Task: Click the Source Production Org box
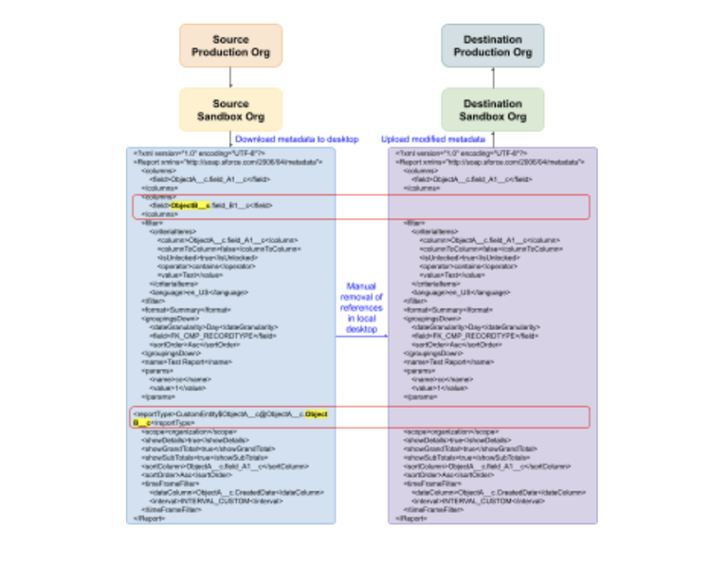(x=230, y=46)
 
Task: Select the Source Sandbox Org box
(x=230, y=110)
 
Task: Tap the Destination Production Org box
(x=492, y=46)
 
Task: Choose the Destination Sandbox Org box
(x=492, y=110)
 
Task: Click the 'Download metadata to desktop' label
(x=297, y=139)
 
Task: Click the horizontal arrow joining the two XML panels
(x=361, y=336)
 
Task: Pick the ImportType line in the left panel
(x=227, y=414)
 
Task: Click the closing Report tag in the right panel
(x=411, y=519)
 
